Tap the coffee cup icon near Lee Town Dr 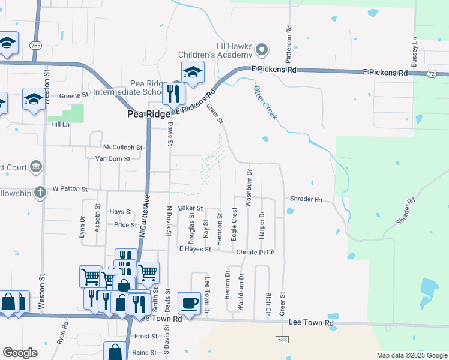(x=189, y=303)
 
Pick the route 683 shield (x=282, y=339)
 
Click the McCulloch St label (x=122, y=147)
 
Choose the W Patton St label (x=70, y=189)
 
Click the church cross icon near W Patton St (x=40, y=193)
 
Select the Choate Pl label (x=255, y=252)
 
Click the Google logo (x=20, y=353)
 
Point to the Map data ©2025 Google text (x=411, y=355)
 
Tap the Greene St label (x=74, y=95)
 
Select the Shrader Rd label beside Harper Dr (x=306, y=199)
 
